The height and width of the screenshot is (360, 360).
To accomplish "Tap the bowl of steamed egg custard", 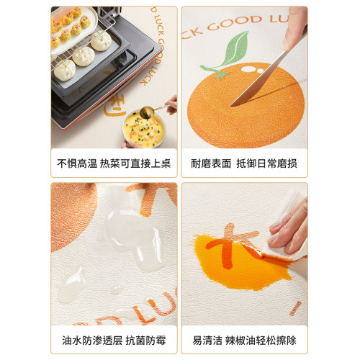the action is coord(145,130).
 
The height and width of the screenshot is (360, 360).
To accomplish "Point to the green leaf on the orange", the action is coord(236,48).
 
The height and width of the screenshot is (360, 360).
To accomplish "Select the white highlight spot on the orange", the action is coord(249,69).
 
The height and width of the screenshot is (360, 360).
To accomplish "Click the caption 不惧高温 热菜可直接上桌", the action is coord(114,163).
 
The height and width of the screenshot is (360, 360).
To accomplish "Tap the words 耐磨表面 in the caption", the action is coord(211,163).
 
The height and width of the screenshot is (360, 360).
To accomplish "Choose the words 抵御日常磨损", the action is coord(267,163).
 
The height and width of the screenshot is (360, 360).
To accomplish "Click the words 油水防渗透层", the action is coord(92,341).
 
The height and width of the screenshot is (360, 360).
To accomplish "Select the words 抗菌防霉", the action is coord(145,341).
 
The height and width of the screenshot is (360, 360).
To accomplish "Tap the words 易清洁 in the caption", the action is coord(207,341).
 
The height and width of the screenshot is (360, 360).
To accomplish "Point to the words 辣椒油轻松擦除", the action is coord(261,341).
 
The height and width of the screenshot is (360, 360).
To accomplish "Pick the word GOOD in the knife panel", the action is coord(234,23).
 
